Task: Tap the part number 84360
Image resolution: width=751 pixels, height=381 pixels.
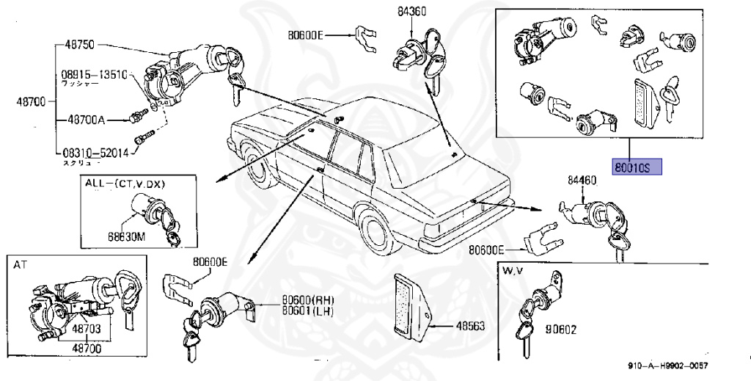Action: [412, 11]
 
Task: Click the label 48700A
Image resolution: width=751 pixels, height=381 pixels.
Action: [87, 119]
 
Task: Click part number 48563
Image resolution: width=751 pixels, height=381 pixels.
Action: [470, 326]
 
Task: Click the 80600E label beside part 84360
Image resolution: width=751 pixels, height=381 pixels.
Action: [306, 35]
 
